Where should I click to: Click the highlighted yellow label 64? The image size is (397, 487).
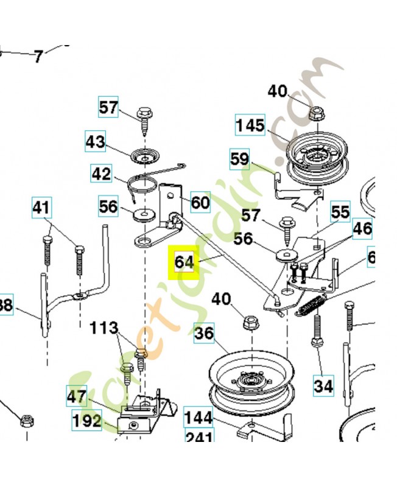[x=183, y=262]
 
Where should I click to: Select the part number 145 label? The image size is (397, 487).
[x=250, y=126]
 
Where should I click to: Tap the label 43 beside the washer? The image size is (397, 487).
[x=95, y=142]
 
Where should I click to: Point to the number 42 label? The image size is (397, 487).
[x=101, y=174]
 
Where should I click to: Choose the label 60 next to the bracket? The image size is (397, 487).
[x=200, y=201]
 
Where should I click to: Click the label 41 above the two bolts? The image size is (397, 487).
[x=41, y=208]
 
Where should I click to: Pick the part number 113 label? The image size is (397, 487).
[x=104, y=329]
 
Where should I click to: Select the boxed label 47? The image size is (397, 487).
[x=77, y=397]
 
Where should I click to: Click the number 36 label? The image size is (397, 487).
[x=205, y=334]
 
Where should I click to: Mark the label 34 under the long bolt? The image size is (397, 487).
[x=324, y=385]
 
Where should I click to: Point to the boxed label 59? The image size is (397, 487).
[x=239, y=159]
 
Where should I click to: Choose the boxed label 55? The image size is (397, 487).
[x=340, y=212]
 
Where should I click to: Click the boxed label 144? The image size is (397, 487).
[x=198, y=418]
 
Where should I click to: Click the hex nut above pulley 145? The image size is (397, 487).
[x=315, y=113]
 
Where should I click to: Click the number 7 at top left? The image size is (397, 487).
[x=38, y=57]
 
